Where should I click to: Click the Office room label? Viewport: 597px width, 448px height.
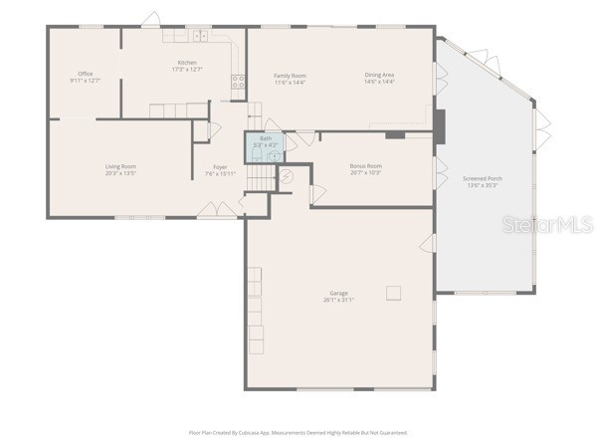86,74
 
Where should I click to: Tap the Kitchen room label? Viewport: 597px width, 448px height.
187,63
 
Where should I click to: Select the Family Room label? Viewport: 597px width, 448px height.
290,76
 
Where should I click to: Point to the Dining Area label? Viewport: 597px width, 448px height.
379,76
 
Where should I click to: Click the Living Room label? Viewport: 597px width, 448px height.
120,166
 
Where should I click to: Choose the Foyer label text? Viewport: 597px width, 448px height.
220,167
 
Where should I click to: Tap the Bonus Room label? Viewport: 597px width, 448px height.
365,166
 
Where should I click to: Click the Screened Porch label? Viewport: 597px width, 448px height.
483,178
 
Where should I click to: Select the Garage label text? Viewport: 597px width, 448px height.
339,293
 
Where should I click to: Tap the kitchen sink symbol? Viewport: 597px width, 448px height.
199,36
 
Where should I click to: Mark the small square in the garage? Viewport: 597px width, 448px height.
394,293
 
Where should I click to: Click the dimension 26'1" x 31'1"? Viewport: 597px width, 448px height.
339,300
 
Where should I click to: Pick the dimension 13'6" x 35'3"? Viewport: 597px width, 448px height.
483,185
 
